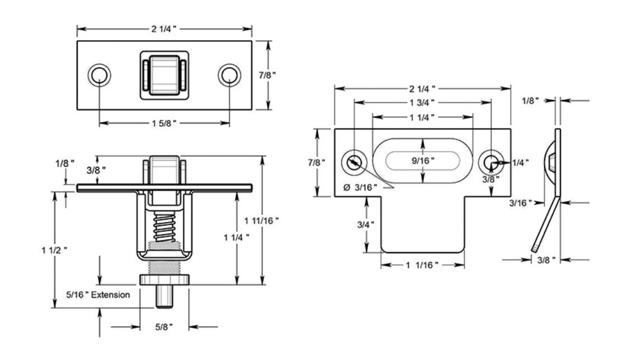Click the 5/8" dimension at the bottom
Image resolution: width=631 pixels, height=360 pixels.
point(164,326)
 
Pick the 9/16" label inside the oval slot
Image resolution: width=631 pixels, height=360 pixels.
point(423,161)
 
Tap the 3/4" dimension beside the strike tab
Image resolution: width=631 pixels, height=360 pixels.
point(366,224)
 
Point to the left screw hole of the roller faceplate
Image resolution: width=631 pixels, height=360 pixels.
point(100,75)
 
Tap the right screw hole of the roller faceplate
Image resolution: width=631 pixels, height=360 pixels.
point(229,75)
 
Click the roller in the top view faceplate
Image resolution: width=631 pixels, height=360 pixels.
point(164,75)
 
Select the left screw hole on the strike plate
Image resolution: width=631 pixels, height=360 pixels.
point(354,161)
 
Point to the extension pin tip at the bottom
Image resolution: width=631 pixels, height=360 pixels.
point(164,299)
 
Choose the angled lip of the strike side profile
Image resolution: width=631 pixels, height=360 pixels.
point(546,224)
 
